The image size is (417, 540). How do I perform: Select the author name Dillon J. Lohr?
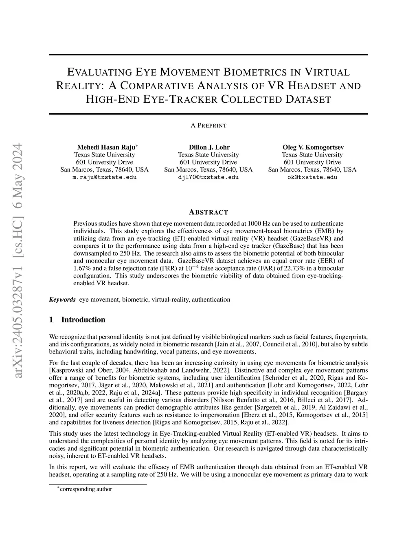208,147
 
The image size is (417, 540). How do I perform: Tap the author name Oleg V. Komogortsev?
312,147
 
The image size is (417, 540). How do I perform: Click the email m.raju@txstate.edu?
105,177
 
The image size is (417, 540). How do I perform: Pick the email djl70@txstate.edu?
208,177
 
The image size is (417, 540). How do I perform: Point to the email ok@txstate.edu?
312,177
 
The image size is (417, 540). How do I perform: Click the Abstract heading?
208,212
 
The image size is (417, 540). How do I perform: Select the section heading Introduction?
83,320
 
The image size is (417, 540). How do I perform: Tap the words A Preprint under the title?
208,126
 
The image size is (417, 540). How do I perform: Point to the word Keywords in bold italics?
62,300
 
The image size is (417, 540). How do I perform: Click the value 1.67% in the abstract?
81,268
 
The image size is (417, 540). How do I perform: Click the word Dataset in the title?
308,99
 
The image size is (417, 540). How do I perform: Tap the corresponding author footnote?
86,489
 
